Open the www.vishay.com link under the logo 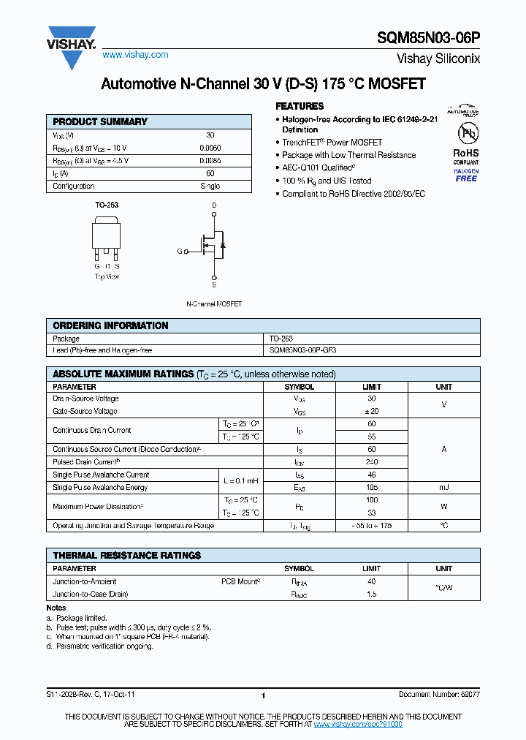coord(135,55)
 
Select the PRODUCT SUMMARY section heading coord(100,121)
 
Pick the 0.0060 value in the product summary coord(210,148)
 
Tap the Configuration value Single coord(210,186)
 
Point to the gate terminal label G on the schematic coord(179,251)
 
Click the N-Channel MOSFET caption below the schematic coord(214,303)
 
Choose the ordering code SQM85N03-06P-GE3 coord(303,350)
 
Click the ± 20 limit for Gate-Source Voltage coord(371,412)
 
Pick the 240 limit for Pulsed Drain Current coord(371,462)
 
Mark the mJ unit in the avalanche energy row coord(443,488)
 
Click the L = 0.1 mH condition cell coord(241,481)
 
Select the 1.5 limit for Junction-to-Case coord(371,594)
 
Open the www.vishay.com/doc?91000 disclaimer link coord(358,724)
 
